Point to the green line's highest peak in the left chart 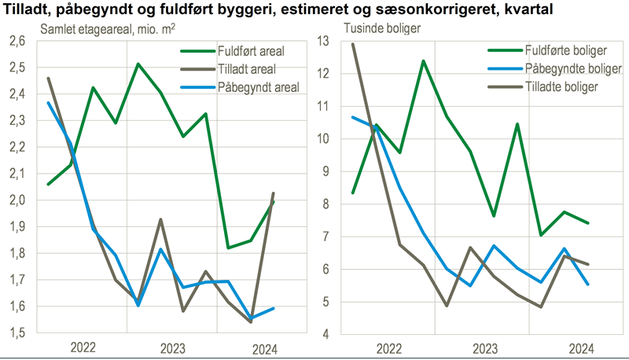(138, 64)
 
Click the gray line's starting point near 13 (352, 44)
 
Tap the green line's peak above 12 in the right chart (423, 61)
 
